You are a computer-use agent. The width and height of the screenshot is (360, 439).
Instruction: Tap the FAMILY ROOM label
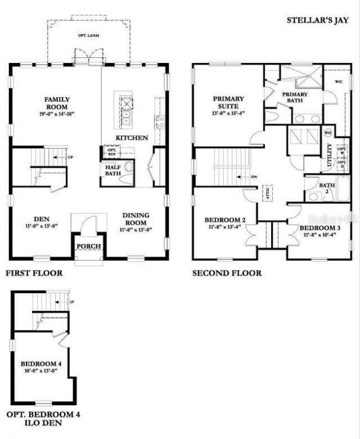(x=56, y=103)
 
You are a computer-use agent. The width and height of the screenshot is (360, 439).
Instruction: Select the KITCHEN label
(x=132, y=138)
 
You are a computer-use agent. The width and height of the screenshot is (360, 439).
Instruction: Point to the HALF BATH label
(x=113, y=169)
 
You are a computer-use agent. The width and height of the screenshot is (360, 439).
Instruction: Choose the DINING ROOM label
(x=136, y=218)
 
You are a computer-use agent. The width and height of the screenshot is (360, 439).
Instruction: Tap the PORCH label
(x=88, y=247)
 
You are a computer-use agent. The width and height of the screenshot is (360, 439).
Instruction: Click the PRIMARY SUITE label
(x=228, y=102)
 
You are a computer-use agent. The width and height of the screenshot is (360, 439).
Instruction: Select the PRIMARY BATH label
(x=295, y=97)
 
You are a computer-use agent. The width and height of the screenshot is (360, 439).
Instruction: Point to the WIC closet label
(x=339, y=82)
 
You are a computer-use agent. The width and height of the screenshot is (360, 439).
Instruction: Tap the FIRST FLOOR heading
(x=34, y=274)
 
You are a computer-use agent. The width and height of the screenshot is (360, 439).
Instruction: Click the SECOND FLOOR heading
(x=227, y=274)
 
